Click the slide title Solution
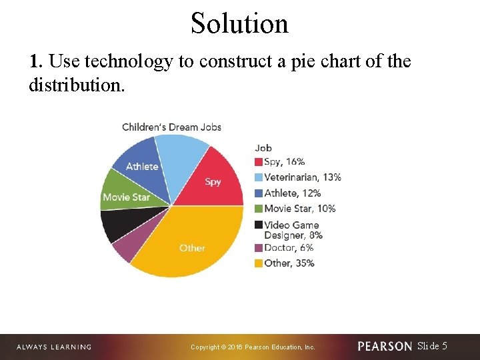(239, 23)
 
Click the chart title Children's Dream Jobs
(171, 127)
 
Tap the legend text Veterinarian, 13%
(303, 177)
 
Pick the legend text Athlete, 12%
(292, 193)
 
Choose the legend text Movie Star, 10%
(299, 208)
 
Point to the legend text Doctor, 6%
(289, 247)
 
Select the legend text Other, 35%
(289, 263)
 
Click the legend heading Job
(263, 148)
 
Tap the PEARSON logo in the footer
(385, 346)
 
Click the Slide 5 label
(432, 345)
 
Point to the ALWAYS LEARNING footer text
(53, 347)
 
